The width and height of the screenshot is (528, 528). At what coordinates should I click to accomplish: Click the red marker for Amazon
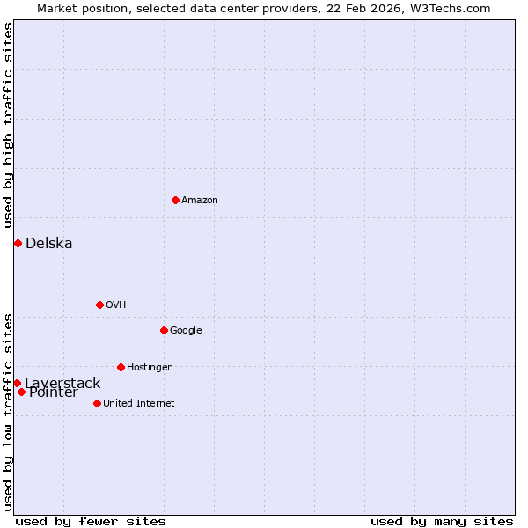pyautogui.click(x=175, y=200)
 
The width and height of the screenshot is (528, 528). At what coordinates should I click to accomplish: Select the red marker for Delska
pyautogui.click(x=18, y=243)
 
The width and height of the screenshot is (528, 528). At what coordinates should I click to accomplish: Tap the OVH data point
pyautogui.click(x=99, y=304)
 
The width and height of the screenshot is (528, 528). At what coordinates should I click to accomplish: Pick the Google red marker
pyautogui.click(x=164, y=330)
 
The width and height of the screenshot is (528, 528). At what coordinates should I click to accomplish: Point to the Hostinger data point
pyautogui.click(x=121, y=367)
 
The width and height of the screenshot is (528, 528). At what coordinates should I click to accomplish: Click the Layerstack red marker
pyautogui.click(x=17, y=383)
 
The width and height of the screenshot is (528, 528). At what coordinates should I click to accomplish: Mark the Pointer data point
pyautogui.click(x=21, y=392)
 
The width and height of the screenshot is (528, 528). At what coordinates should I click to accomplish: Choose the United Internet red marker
pyautogui.click(x=97, y=403)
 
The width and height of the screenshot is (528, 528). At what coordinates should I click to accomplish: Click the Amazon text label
pyautogui.click(x=200, y=201)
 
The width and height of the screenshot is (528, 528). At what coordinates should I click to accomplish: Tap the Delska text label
pyautogui.click(x=49, y=244)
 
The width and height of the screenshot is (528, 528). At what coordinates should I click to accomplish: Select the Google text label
pyautogui.click(x=186, y=331)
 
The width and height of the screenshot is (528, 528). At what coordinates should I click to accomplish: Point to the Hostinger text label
pyautogui.click(x=149, y=368)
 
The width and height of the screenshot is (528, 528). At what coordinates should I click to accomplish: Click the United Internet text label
pyautogui.click(x=139, y=404)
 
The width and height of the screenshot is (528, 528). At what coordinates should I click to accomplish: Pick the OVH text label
pyautogui.click(x=116, y=305)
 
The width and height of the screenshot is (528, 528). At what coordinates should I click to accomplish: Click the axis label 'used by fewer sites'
pyautogui.click(x=91, y=522)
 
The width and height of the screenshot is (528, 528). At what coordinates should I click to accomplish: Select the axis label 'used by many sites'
pyautogui.click(x=442, y=522)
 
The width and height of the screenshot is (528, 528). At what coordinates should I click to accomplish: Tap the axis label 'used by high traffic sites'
pyautogui.click(x=8, y=126)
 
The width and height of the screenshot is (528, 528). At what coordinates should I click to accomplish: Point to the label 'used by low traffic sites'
pyautogui.click(x=8, y=412)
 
